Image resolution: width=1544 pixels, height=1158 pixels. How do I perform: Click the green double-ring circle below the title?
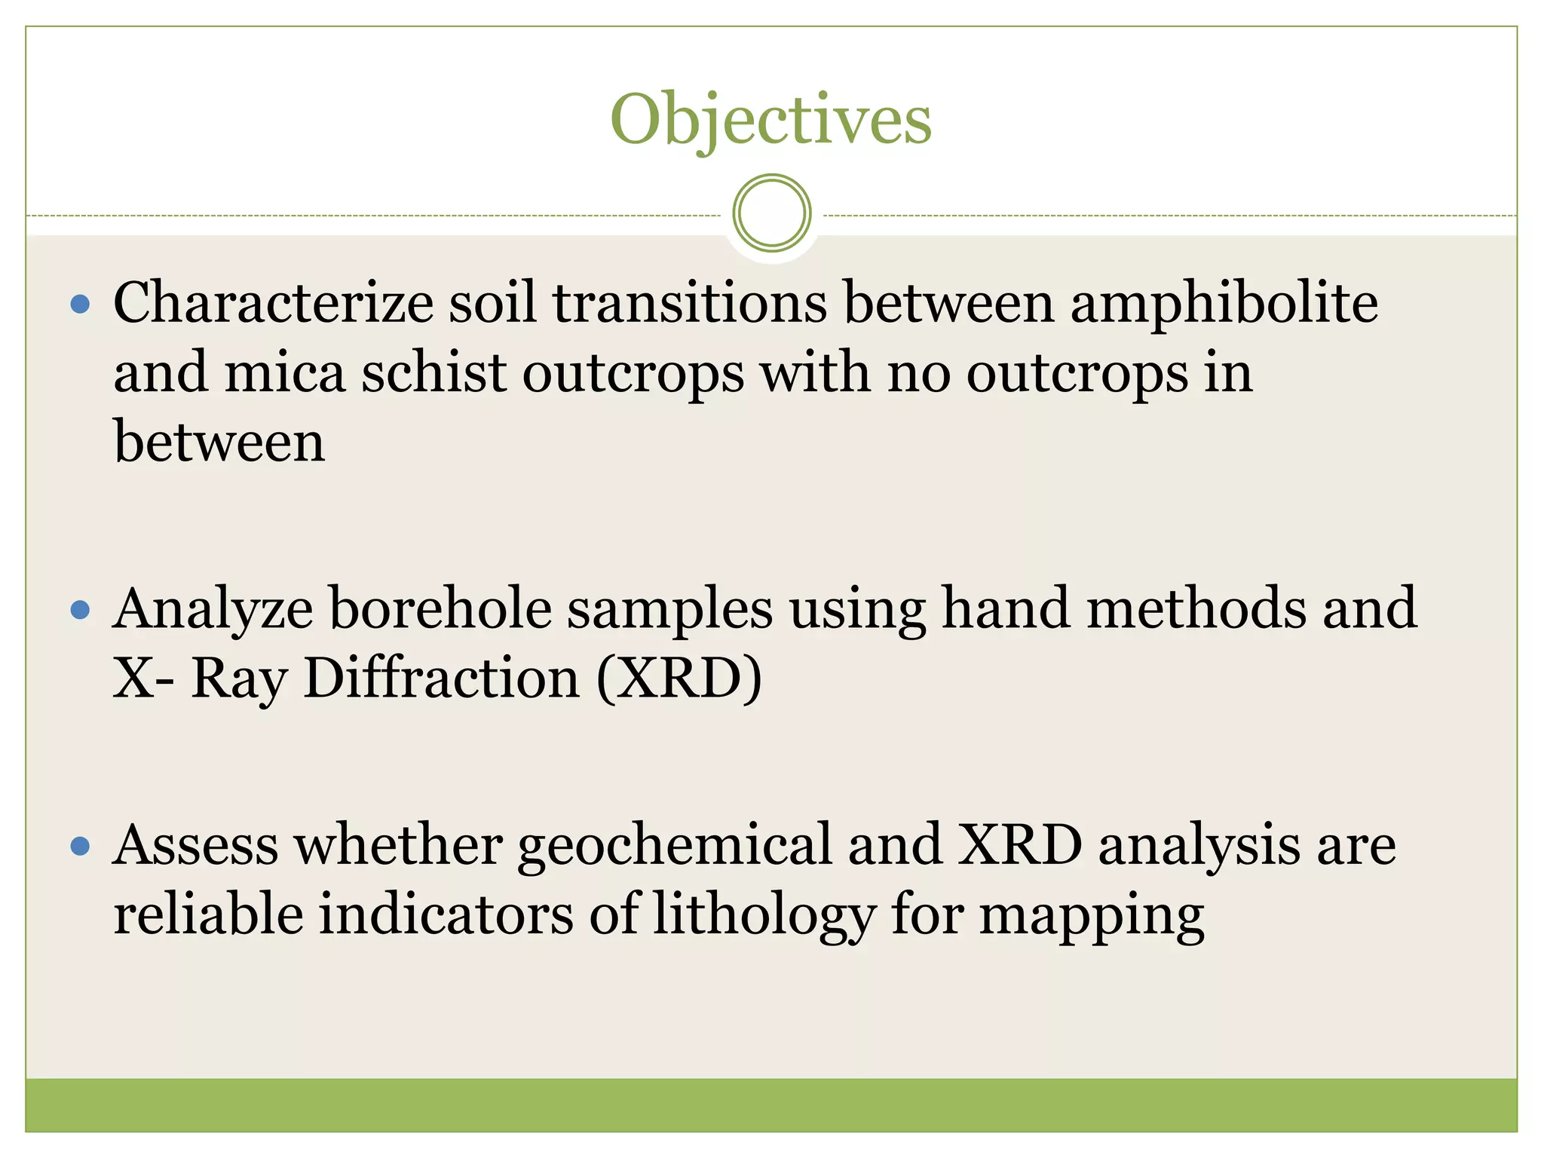tap(771, 213)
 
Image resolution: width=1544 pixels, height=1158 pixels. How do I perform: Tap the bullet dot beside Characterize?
tap(80, 305)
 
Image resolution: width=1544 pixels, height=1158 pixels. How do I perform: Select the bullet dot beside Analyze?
tap(80, 609)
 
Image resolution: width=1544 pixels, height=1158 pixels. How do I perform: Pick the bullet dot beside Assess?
tap(80, 846)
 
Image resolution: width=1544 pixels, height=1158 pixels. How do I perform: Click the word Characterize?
tap(273, 303)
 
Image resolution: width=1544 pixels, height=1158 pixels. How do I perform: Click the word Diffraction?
tap(442, 678)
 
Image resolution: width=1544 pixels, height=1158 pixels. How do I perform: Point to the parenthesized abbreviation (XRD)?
tap(679, 678)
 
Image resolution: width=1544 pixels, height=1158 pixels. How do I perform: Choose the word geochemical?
tap(675, 846)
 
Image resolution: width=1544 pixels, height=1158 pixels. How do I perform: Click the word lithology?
tap(763, 915)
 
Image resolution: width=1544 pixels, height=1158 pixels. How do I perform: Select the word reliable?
tap(207, 914)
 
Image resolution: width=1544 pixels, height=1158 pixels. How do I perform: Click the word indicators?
tap(446, 914)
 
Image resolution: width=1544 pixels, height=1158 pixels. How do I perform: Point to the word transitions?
tap(690, 303)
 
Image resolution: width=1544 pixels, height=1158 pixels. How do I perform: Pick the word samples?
tap(669, 609)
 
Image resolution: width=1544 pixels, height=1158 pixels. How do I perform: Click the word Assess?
tap(195, 846)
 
